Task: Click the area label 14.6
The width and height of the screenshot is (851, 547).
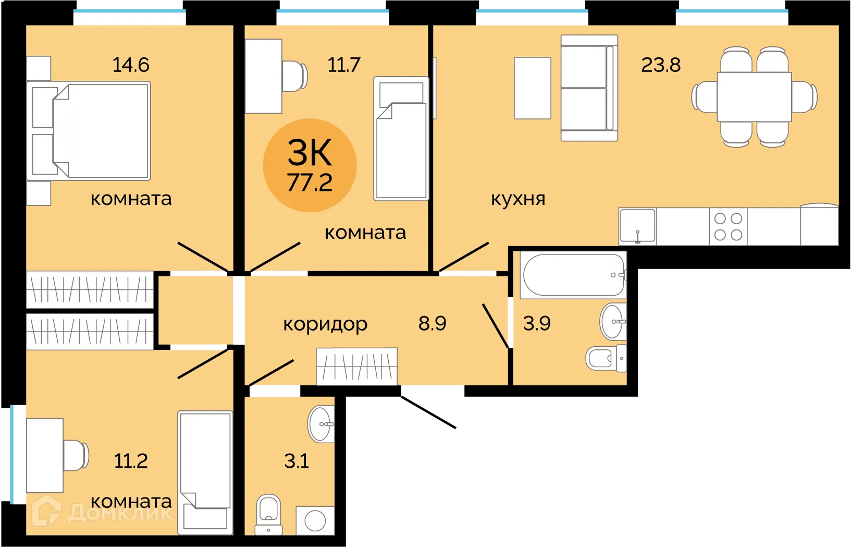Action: pos(131,65)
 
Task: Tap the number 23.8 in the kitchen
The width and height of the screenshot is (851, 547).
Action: pos(660,65)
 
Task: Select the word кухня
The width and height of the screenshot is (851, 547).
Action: pos(518,199)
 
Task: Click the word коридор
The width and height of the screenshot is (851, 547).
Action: pos(325,324)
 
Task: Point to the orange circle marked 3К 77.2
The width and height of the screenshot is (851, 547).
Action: pos(310,165)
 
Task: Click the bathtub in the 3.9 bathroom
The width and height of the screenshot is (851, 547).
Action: pos(573,275)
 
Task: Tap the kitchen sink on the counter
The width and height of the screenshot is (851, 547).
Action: pos(637,226)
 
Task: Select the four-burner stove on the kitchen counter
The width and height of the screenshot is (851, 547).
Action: pos(728,226)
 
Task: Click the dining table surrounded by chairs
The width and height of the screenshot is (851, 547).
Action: pos(754,97)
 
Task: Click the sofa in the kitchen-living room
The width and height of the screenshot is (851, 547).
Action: pos(588,88)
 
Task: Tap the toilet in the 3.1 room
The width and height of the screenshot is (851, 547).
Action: pos(269,514)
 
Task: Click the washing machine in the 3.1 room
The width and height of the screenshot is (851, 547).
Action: pos(315,520)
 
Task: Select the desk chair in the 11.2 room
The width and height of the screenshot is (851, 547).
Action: pos(76,455)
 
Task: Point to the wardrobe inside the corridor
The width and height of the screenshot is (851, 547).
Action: pos(356,366)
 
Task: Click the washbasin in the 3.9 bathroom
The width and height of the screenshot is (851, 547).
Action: pos(612,322)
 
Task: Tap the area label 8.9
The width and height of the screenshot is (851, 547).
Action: pos(432,324)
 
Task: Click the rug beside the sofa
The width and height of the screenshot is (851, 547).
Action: pos(532,88)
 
